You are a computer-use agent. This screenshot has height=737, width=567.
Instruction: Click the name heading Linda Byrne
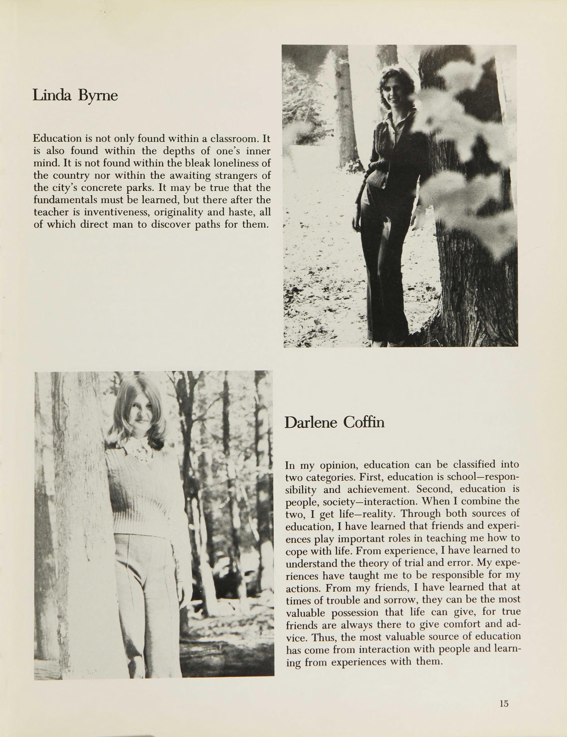[x=75, y=96]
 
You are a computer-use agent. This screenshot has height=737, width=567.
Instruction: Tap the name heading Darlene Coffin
[x=334, y=422]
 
